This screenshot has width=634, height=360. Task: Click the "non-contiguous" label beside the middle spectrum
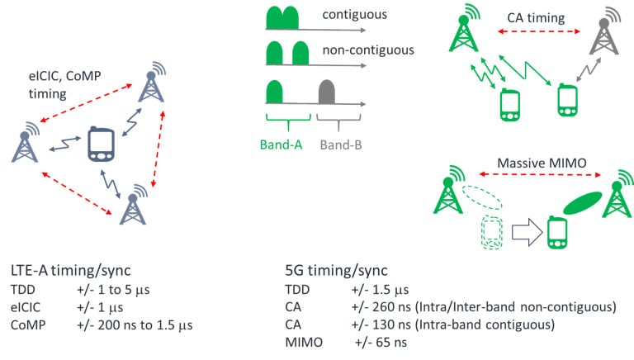[367, 50]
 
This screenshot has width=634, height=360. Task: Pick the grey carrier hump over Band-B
[325, 91]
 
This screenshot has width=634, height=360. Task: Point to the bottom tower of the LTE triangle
[133, 206]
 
